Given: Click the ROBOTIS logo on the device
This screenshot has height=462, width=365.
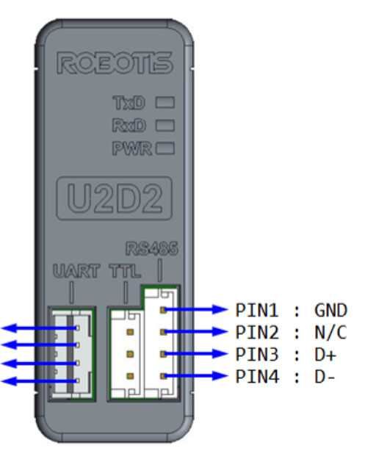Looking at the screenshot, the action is click(115, 63).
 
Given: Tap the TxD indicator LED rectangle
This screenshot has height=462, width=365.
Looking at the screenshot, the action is click(165, 103).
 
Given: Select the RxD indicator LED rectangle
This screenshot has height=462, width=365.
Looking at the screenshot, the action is click(165, 125).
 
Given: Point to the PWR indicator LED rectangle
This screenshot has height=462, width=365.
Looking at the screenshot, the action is click(165, 148).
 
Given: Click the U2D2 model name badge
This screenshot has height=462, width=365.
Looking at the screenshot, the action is click(115, 198).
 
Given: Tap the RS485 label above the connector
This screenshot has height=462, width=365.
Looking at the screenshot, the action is click(152, 249).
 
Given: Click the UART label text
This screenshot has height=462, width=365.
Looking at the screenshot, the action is click(76, 271).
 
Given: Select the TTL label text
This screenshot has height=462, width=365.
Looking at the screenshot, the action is click(125, 271).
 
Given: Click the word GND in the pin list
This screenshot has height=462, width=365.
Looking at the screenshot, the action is click(330, 310).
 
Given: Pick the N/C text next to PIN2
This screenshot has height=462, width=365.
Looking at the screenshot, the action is click(330, 332).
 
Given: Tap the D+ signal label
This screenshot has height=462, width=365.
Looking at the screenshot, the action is click(325, 355).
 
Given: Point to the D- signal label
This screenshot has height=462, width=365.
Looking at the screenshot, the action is click(325, 377).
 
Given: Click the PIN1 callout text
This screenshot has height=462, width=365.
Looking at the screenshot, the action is click(256, 310).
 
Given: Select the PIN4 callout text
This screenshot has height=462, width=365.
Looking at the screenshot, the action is click(257, 377).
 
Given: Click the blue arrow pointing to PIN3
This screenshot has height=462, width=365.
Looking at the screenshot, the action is click(196, 353).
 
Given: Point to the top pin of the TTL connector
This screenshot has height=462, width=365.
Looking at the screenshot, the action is click(130, 332).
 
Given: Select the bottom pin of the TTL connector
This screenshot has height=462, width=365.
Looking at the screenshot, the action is click(130, 376).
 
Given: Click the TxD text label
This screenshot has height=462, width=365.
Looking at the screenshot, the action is click(129, 103).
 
